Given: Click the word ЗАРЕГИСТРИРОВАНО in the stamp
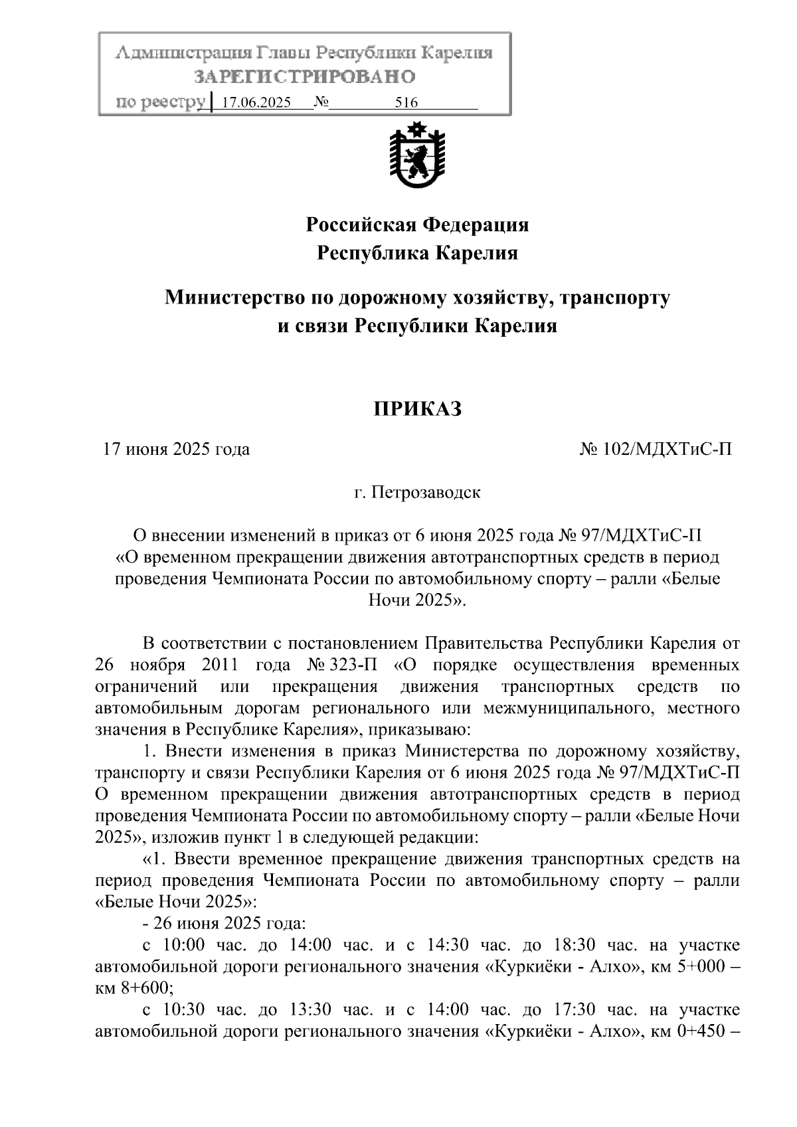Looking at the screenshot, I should pyautogui.click(x=305, y=77).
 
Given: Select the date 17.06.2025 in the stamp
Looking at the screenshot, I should pyautogui.click(x=256, y=103).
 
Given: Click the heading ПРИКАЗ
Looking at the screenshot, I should pyautogui.click(x=417, y=409).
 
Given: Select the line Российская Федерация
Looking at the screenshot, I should pyautogui.click(x=417, y=224).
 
